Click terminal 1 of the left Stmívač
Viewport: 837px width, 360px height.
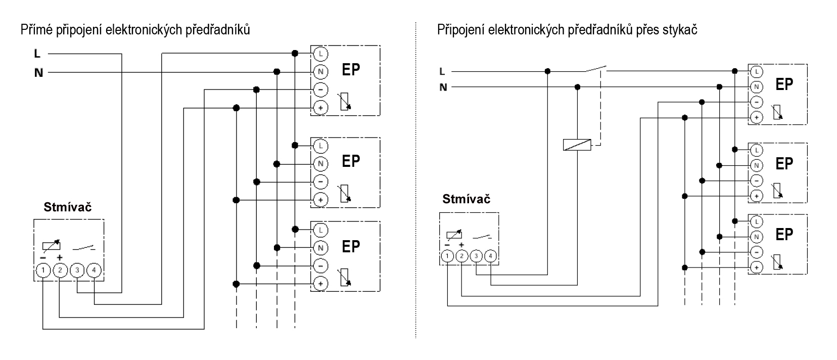(x=43, y=271)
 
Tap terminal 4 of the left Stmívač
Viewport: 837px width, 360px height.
(x=94, y=270)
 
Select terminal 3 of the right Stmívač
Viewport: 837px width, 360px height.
(x=476, y=256)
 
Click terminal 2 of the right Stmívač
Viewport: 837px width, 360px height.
(x=462, y=256)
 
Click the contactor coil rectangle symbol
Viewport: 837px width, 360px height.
(x=577, y=145)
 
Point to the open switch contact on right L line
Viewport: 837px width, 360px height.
(x=595, y=68)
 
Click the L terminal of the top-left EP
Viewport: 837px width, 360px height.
(x=320, y=54)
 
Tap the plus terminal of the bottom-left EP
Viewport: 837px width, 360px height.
(x=320, y=284)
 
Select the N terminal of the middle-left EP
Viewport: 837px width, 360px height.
(x=320, y=164)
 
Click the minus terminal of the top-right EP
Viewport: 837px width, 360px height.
(x=757, y=102)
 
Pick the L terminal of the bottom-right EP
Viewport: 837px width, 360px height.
(x=757, y=221)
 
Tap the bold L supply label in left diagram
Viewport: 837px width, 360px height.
(x=37, y=54)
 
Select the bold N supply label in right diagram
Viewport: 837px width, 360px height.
(x=443, y=87)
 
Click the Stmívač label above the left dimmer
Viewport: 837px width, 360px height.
(x=68, y=207)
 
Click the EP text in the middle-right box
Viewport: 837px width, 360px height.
(x=784, y=164)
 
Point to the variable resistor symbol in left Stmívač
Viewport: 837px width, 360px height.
(x=51, y=245)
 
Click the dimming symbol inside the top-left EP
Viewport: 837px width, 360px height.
(x=344, y=101)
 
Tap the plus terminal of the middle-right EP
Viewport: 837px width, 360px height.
(x=757, y=196)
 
